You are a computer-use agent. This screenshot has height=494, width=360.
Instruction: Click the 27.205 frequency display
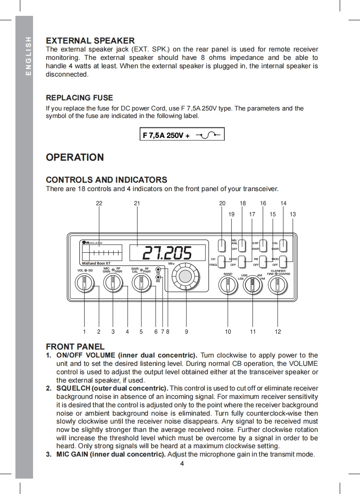coord(168,253)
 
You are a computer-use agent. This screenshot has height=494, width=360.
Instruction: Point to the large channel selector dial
coord(186,276)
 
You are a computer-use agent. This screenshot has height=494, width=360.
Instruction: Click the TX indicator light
coord(158,269)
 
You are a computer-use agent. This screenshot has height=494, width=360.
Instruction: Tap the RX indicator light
coord(158,277)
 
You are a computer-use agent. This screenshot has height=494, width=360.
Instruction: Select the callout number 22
coord(99,203)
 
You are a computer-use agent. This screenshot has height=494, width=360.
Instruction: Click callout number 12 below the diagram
coord(278,332)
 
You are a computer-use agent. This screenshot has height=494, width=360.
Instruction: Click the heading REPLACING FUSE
coord(79,98)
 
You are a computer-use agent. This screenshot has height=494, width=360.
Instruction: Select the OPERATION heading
coord(75,157)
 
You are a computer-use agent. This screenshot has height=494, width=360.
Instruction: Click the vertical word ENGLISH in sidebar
coord(29,56)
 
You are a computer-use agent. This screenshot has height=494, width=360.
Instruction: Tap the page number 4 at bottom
coord(182,463)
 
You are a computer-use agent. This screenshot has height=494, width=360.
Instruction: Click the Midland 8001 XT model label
coord(96,263)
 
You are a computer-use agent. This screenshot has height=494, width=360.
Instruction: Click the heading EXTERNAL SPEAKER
coord(90,41)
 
